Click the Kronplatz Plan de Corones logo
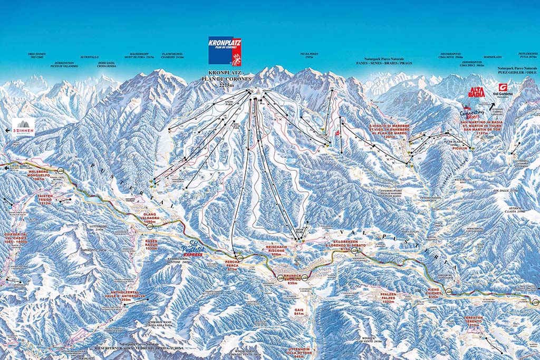(x=225, y=51)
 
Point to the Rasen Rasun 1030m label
(x=152, y=244)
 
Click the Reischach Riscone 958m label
(x=276, y=250)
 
